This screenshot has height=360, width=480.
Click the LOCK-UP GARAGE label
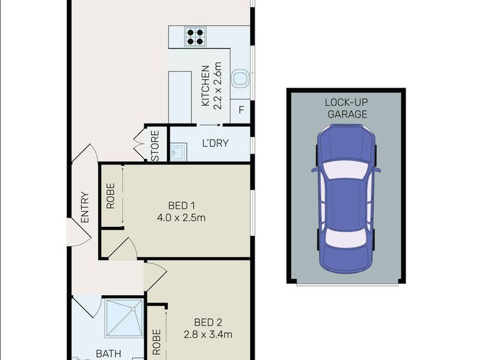click(346, 107)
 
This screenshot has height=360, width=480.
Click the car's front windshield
click(346, 170)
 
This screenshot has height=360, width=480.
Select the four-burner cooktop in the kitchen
click(194, 37)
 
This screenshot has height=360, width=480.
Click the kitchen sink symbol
click(241, 77)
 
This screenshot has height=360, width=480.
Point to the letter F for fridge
click(241, 110)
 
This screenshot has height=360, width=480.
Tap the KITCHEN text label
click(205, 86)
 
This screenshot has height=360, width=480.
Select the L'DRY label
click(215, 145)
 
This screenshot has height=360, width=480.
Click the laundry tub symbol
click(178, 154)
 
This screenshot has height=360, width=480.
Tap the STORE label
click(155, 146)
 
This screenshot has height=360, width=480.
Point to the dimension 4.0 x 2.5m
click(182, 217)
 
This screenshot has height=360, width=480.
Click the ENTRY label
click(85, 207)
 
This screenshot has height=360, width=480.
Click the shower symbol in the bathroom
click(124, 318)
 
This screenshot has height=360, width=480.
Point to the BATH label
click(109, 354)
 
